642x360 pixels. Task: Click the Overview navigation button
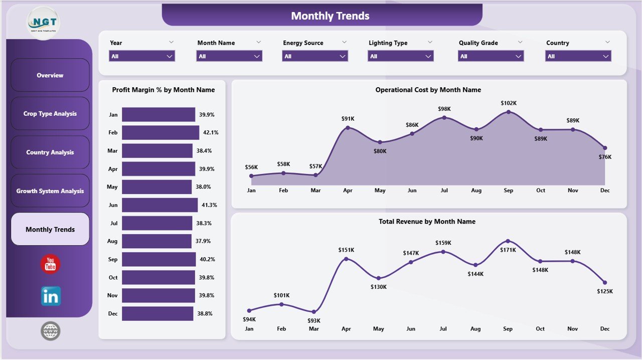click(x=50, y=75)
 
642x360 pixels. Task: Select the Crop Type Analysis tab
click(x=50, y=114)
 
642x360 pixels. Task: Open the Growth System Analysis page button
click(x=50, y=191)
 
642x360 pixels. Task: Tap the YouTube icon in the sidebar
click(x=50, y=264)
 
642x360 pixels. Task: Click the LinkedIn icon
click(x=51, y=296)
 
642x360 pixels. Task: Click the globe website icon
click(x=51, y=331)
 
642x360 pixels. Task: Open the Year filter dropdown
click(x=142, y=56)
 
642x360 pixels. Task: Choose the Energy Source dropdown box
click(x=315, y=56)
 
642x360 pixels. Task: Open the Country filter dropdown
click(x=578, y=56)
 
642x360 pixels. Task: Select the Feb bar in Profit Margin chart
click(x=160, y=132)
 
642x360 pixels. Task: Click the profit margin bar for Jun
click(x=159, y=205)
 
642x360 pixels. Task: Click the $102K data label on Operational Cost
click(x=508, y=103)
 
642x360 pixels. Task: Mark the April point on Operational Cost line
click(x=348, y=128)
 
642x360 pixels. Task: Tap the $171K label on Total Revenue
click(x=508, y=250)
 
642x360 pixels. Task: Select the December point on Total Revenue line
click(x=605, y=282)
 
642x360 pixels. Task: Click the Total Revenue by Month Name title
click(x=427, y=222)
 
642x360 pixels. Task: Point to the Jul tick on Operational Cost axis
click(x=444, y=191)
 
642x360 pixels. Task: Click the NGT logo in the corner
click(x=43, y=23)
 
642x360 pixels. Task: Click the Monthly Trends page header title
click(x=330, y=16)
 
